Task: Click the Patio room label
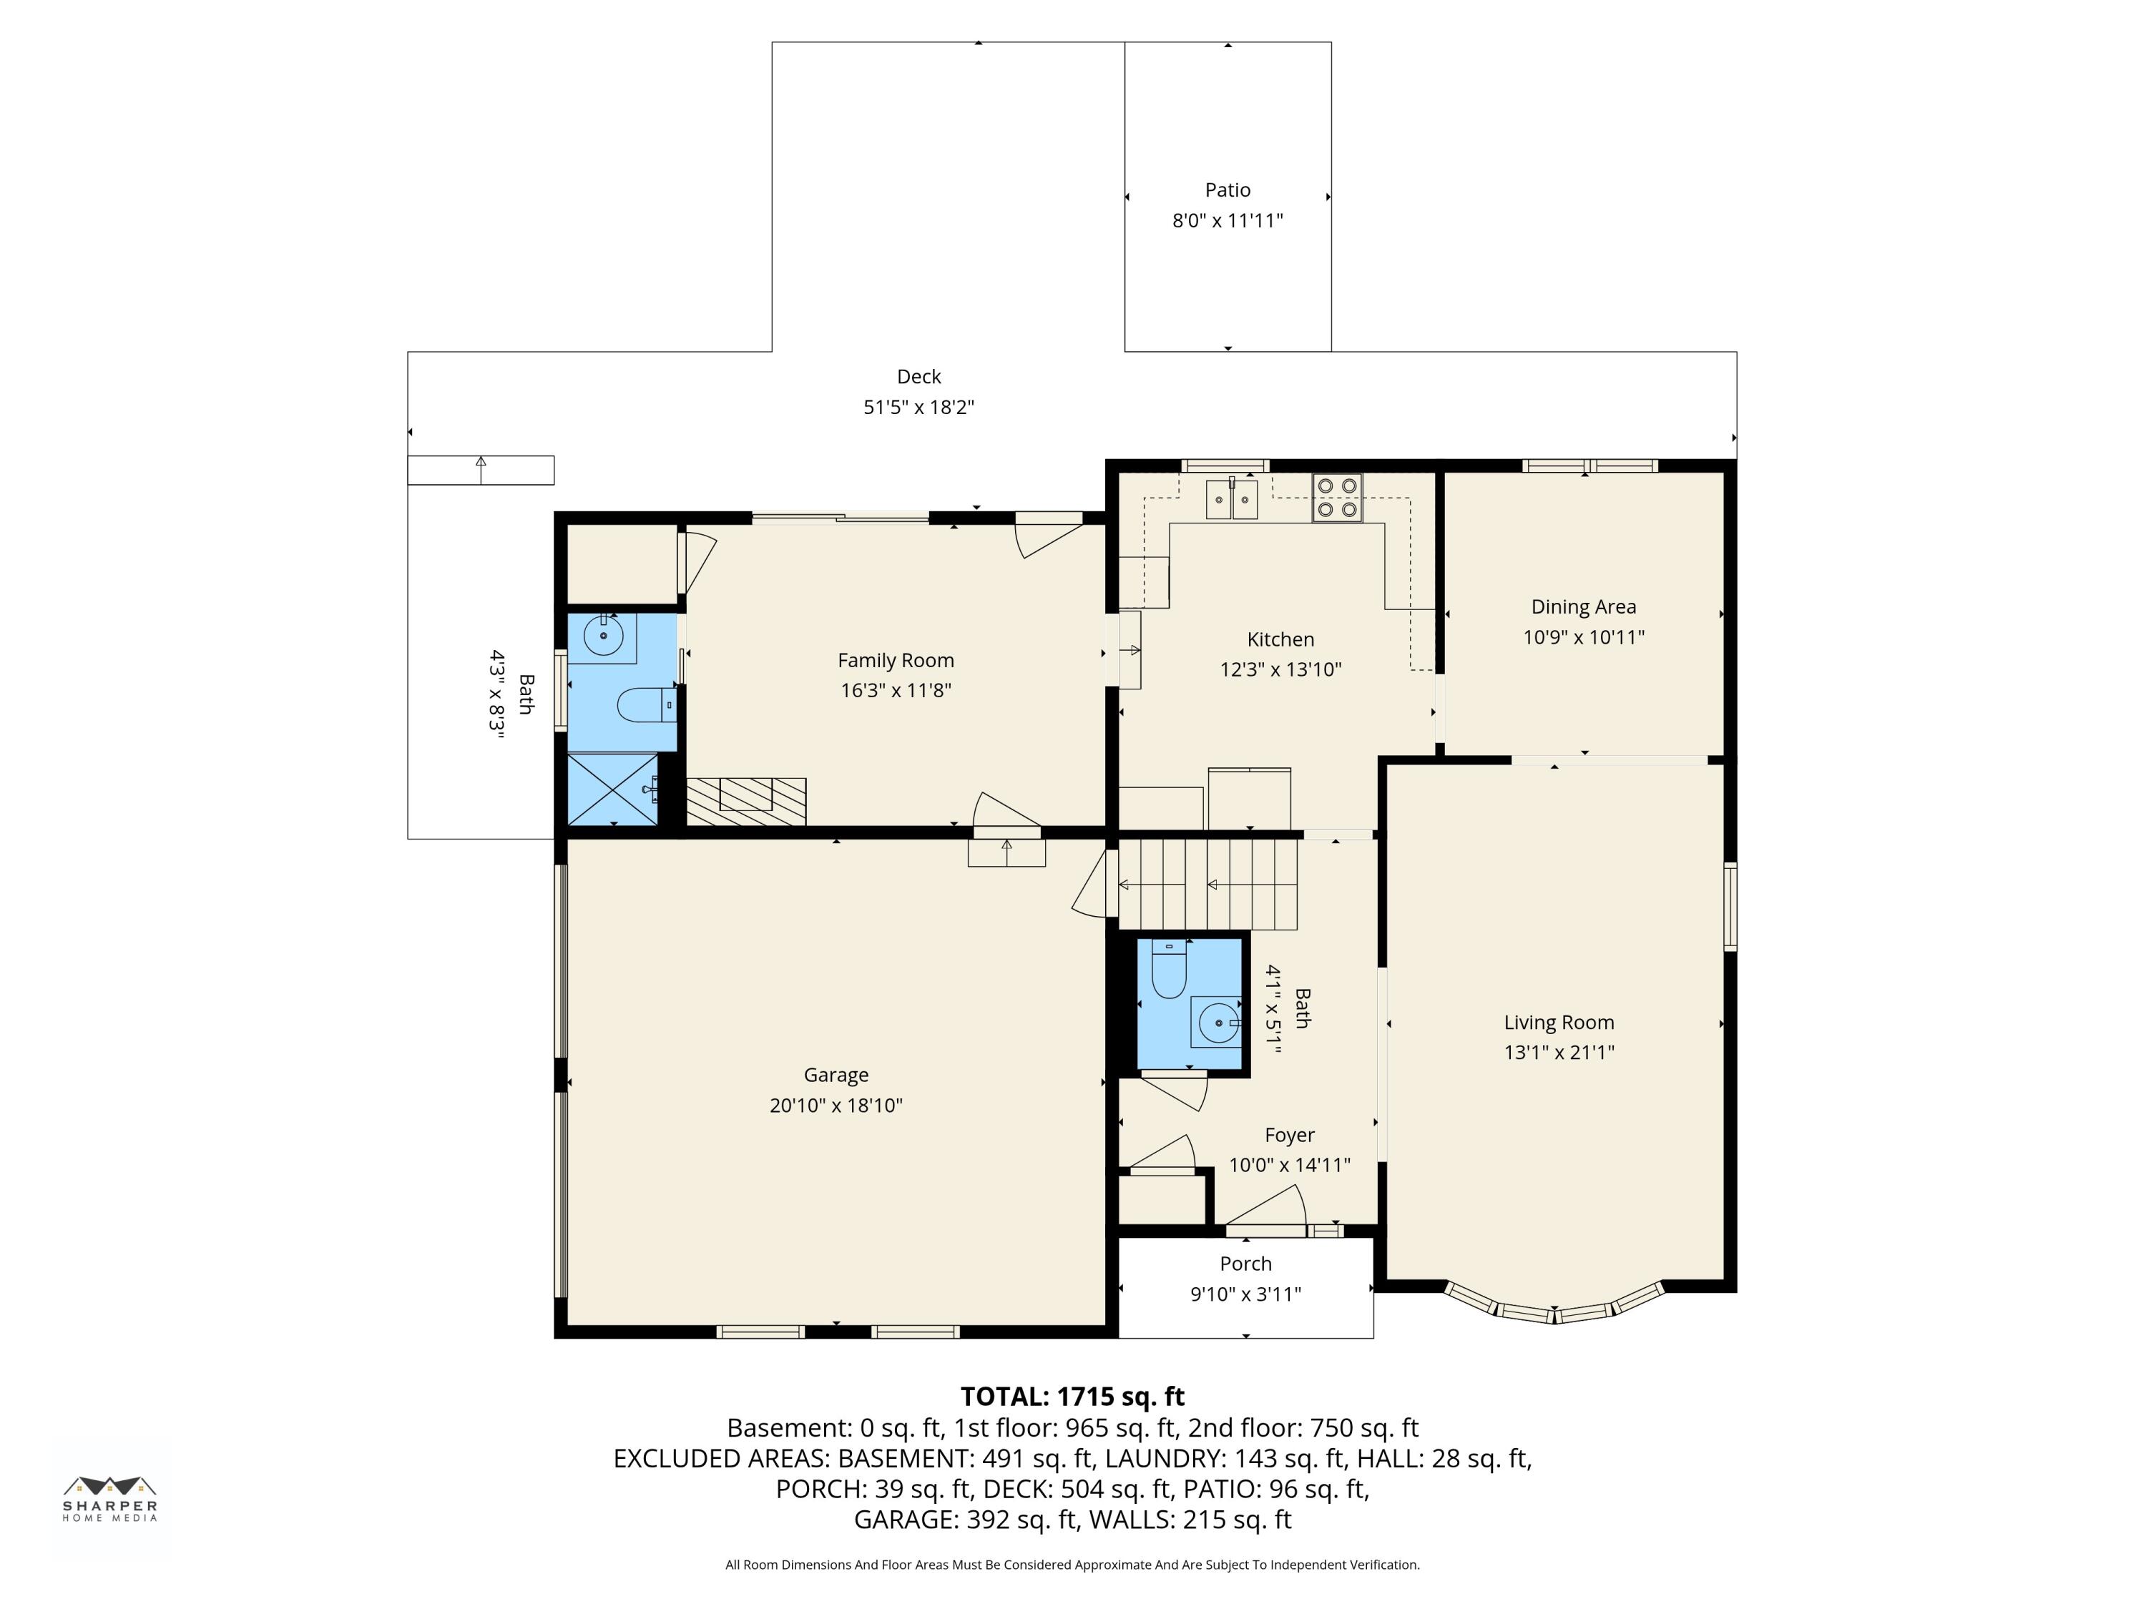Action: [x=1228, y=190]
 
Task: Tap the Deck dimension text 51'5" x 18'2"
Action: [x=918, y=408]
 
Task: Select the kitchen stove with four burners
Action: [x=1337, y=498]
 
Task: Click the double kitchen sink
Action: [x=1231, y=499]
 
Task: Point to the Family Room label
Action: [x=896, y=661]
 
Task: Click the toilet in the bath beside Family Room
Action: [x=643, y=705]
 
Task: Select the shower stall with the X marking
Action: [x=612, y=789]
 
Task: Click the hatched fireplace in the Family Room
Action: [x=745, y=801]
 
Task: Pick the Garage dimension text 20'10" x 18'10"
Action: [x=836, y=1106]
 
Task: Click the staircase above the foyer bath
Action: [x=1208, y=884]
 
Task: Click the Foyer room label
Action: [x=1289, y=1135]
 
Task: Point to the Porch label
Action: [x=1245, y=1264]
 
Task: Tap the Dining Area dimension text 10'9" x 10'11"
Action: [x=1583, y=637]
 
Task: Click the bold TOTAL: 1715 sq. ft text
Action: [x=1072, y=1397]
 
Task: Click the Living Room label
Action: [x=1558, y=1022]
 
